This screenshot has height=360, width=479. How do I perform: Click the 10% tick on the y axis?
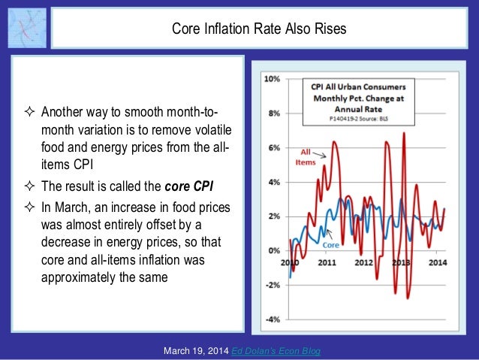pyautogui.click(x=271, y=79)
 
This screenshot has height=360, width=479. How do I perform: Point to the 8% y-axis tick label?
pyautogui.click(x=273, y=113)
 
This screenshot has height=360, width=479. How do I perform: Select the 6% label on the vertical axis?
pyautogui.click(x=273, y=148)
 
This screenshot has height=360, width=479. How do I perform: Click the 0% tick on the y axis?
pyautogui.click(x=273, y=250)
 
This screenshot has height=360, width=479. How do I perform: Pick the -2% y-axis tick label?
pyautogui.click(x=272, y=285)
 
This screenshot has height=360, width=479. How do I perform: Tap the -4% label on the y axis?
pyautogui.click(x=272, y=319)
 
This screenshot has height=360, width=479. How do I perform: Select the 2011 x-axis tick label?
pyautogui.click(x=327, y=262)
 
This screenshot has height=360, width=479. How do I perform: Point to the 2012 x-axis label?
pyautogui.click(x=364, y=262)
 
